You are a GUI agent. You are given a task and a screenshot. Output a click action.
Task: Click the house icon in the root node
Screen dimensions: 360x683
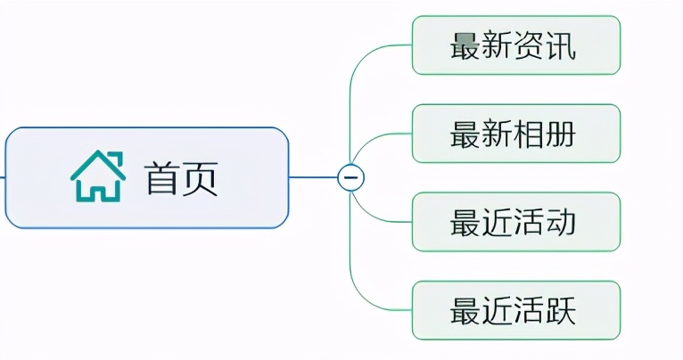point(98,176)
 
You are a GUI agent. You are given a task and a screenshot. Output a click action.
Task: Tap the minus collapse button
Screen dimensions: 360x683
point(350,177)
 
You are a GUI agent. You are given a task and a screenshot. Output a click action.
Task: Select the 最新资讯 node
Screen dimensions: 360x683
point(515,45)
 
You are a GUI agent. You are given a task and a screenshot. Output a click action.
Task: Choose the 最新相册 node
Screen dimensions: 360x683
point(515,134)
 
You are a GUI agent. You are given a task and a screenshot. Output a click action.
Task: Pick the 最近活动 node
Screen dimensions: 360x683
point(515,222)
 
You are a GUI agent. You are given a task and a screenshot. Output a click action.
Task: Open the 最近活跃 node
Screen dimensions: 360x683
point(515,310)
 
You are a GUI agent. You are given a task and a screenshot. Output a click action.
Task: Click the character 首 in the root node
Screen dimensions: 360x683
point(163,178)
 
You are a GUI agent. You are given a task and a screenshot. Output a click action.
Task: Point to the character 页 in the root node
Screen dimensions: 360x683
point(202,178)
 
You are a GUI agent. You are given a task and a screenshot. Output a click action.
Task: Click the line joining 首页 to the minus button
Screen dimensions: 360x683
point(313,177)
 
